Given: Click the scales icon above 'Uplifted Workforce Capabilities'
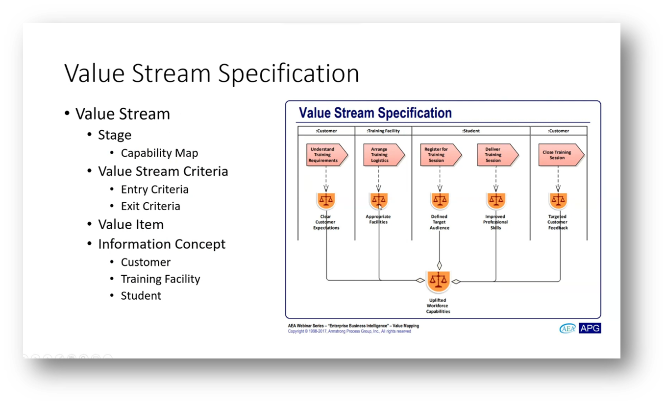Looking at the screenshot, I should (x=438, y=281).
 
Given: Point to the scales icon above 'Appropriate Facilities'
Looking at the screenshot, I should (x=378, y=200).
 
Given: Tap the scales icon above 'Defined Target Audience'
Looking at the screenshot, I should (x=440, y=200).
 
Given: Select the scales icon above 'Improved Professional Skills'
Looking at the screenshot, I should (x=496, y=200).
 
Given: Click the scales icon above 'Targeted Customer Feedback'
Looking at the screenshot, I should (x=558, y=200).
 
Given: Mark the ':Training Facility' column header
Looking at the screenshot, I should (x=383, y=131).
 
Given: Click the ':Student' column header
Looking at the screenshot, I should (x=470, y=131).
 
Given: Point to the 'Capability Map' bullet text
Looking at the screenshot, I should (x=159, y=153).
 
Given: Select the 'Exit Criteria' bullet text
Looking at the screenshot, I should (x=150, y=206).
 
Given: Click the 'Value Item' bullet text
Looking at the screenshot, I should (x=131, y=225).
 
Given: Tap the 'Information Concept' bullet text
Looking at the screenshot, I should (x=162, y=244).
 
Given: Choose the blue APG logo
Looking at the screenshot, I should (x=590, y=328).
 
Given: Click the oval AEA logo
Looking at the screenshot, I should (x=568, y=329).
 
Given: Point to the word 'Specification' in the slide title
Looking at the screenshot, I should (x=289, y=73).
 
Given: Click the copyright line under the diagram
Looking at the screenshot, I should (x=349, y=332).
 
